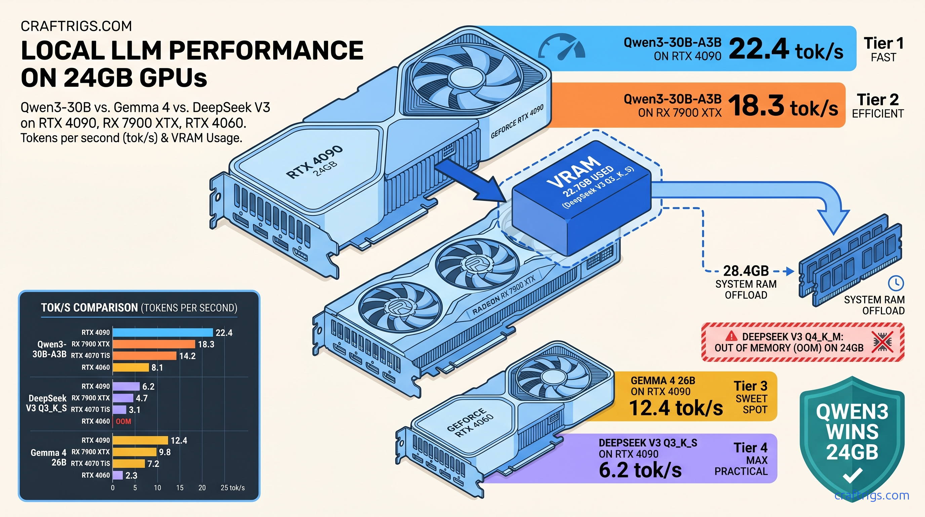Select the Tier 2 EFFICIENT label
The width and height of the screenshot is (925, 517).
pyautogui.click(x=877, y=105)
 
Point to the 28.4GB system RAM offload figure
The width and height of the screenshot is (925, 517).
pyautogui.click(x=746, y=271)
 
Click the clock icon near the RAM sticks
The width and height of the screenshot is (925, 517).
pyautogui.click(x=895, y=283)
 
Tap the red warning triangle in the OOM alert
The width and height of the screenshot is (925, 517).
pyautogui.click(x=731, y=336)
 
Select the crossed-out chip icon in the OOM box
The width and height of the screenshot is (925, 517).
pyautogui.click(x=883, y=342)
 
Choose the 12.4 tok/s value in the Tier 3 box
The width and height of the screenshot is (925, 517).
pyautogui.click(x=676, y=408)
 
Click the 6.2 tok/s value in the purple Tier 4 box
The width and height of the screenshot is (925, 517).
pyautogui.click(x=640, y=470)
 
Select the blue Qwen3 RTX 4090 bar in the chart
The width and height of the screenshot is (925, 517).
pyautogui.click(x=163, y=333)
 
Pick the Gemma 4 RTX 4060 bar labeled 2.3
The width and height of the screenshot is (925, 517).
pyautogui.click(x=118, y=475)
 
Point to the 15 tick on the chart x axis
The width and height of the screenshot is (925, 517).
pyautogui.click(x=179, y=488)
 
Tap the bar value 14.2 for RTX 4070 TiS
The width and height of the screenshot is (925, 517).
pyautogui.click(x=187, y=356)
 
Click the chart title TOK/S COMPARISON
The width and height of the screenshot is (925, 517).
pyautogui.click(x=89, y=308)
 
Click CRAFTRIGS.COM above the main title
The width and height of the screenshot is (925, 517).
pyautogui.click(x=76, y=26)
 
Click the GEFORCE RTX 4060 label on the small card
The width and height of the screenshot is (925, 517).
pyautogui.click(x=470, y=423)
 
